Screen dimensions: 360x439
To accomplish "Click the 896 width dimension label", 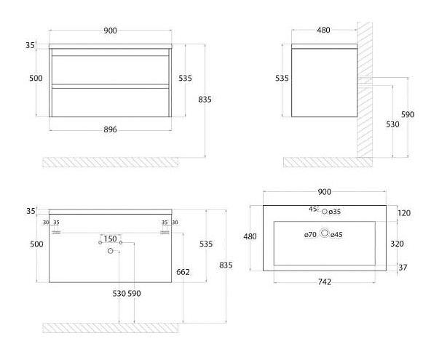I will [x=110, y=130].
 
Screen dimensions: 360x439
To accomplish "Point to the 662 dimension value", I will [x=183, y=272].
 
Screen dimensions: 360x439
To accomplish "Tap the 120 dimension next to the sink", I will [x=405, y=213].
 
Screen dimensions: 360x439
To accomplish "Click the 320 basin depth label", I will [x=405, y=244].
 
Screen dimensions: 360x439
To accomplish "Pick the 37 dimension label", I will [x=403, y=268].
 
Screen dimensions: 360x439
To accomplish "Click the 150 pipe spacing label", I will [x=111, y=239].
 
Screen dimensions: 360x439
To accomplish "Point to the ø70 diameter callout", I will [x=311, y=234].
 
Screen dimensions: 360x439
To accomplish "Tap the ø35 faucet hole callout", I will [x=336, y=212].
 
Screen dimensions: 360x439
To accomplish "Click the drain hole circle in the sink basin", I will [x=325, y=234].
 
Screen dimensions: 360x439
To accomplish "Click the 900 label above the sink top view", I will [x=325, y=191].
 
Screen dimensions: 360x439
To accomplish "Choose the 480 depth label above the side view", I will [x=323, y=31].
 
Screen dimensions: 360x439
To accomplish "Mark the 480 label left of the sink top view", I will [x=250, y=236].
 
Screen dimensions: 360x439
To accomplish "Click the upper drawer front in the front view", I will [x=110, y=71].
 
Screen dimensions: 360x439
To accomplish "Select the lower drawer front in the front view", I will [x=110, y=100].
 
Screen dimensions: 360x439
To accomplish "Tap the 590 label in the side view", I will [x=408, y=115].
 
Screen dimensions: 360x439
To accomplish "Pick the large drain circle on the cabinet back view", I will [x=111, y=251].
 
